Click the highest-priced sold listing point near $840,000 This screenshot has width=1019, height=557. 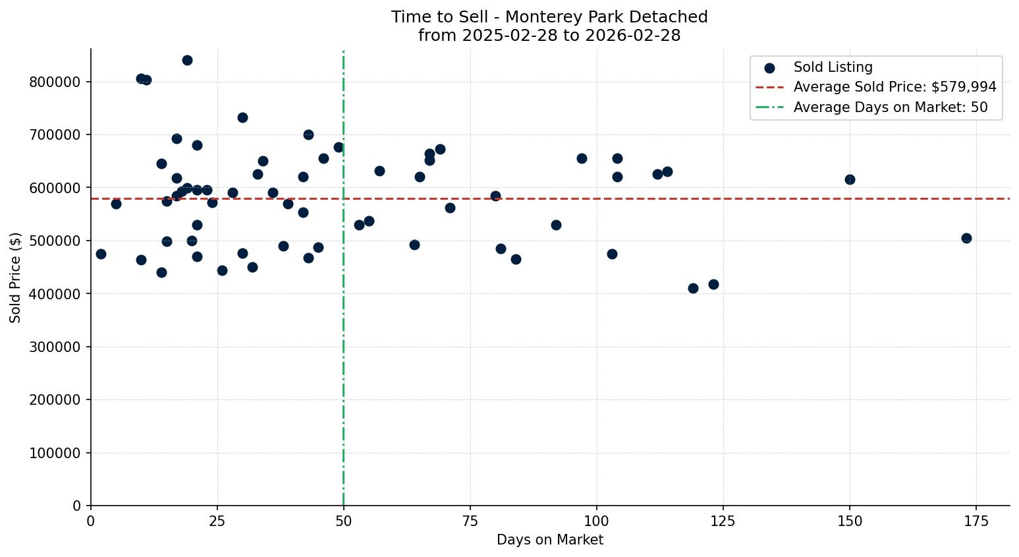[187, 60]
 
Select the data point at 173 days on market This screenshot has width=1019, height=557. [966, 238]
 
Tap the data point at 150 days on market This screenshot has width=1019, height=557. [850, 179]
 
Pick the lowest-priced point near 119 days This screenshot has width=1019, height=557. [693, 288]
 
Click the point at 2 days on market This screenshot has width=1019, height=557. [101, 254]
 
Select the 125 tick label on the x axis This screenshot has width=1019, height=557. [723, 521]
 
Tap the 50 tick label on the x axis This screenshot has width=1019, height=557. [343, 521]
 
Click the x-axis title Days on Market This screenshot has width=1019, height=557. [549, 540]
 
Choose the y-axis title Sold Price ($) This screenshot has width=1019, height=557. [15, 278]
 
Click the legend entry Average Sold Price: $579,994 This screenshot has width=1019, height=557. [895, 87]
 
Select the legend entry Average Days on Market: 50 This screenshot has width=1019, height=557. [890, 107]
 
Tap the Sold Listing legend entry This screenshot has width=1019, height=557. [833, 67]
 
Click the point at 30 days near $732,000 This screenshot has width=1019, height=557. [242, 117]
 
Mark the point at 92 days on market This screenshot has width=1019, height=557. [556, 225]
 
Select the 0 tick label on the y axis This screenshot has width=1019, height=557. [76, 506]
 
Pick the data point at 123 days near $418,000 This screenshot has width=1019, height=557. [713, 284]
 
